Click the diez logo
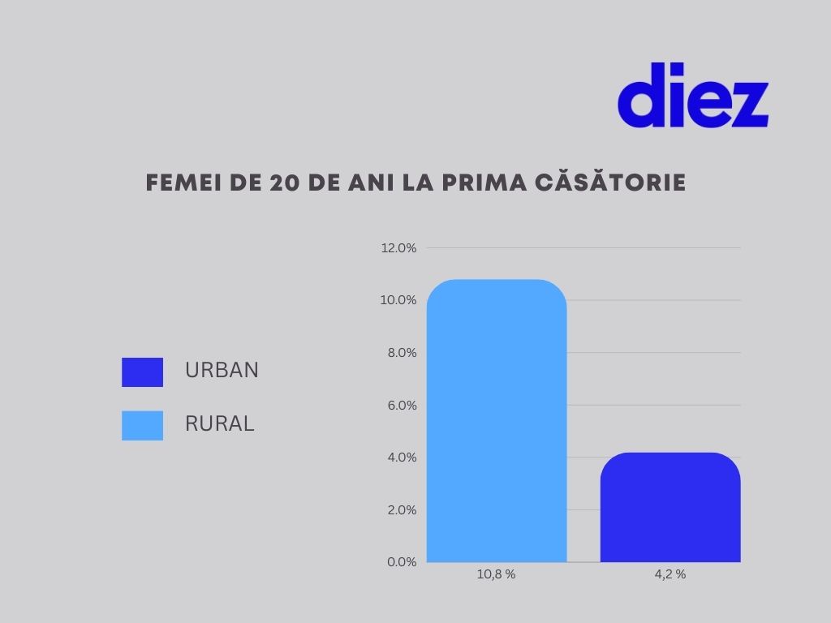[x=692, y=96]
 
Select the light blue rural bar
[x=496, y=421]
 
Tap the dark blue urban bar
[x=670, y=508]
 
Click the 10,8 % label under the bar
[x=496, y=574]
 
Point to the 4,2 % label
[x=670, y=574]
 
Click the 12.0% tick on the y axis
[x=398, y=248]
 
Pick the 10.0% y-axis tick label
[x=398, y=300]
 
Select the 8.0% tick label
[x=400, y=353]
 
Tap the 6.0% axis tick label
[x=400, y=405]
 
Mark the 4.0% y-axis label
[x=400, y=458]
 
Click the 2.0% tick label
[x=400, y=509]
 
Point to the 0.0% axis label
[x=400, y=562]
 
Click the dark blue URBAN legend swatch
[x=142, y=372]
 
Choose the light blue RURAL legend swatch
[x=142, y=425]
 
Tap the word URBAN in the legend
[x=222, y=371]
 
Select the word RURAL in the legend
[x=219, y=423]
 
